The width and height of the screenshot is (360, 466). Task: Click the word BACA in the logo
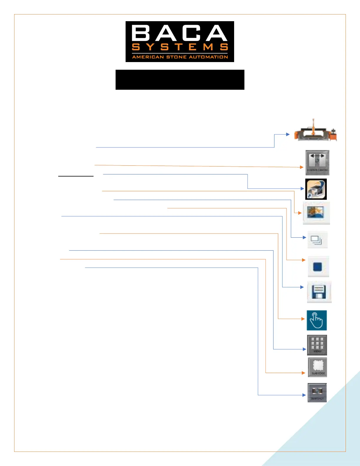tap(180, 33)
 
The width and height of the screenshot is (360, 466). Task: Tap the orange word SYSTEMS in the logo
tap(180, 47)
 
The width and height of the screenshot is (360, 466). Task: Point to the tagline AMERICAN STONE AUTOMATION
tap(180, 57)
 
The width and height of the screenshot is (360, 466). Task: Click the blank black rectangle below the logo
tap(180, 80)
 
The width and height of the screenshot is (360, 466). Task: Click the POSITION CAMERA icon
tap(317, 163)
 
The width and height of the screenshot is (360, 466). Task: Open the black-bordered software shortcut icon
tap(316, 189)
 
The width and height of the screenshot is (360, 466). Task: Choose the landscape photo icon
tap(316, 213)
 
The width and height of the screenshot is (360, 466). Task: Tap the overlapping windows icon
tap(317, 240)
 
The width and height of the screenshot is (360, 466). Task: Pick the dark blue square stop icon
tap(318, 267)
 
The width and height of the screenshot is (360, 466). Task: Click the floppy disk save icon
tap(319, 292)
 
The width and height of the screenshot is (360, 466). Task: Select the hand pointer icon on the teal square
tap(316, 320)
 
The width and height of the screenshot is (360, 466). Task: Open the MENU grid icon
tap(317, 345)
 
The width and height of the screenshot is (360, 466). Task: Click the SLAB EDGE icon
tap(318, 367)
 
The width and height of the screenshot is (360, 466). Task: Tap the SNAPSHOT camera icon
tap(317, 392)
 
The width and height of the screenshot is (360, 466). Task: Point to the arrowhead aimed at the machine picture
tap(288, 134)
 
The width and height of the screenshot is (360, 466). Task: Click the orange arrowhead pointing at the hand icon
tap(303, 319)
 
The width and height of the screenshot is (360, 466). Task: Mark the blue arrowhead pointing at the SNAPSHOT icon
tap(304, 395)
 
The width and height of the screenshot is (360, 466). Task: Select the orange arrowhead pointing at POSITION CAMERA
tap(301, 167)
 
